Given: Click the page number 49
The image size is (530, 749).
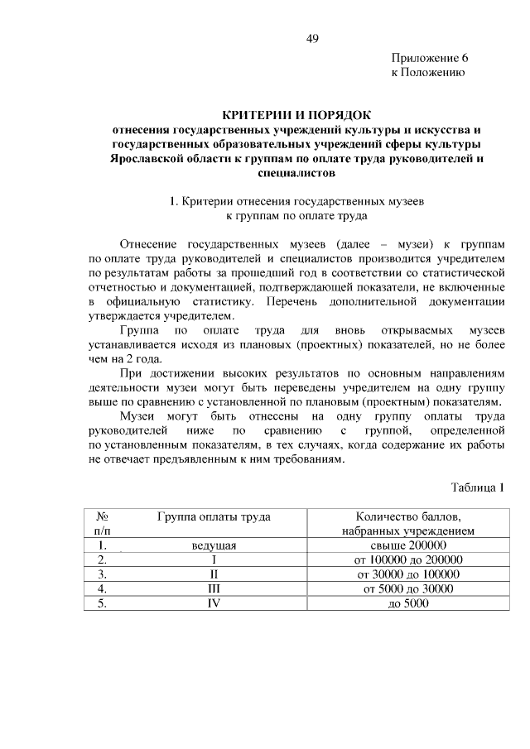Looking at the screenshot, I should coord(311,38).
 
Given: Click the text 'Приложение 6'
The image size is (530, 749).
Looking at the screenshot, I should coord(430,58).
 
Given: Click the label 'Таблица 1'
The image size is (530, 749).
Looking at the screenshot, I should coord(477,486).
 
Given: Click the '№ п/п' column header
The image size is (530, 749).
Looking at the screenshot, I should coord(104,524).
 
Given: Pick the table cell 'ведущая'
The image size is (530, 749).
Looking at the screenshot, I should coord(214,545).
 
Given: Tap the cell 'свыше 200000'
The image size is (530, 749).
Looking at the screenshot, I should coord(407,545).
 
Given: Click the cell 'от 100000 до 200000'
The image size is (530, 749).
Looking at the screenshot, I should coord(407,559).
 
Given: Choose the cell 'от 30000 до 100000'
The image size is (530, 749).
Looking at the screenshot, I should coord(407,574).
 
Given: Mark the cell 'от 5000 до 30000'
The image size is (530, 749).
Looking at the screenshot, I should coord(407,588).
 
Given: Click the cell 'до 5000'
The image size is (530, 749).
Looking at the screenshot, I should coord(407,603).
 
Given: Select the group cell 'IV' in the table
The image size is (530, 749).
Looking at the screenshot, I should coord(214,603).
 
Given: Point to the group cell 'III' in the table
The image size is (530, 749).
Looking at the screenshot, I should coord(214,588).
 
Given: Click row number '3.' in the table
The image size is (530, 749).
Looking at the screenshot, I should coord(103,574).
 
